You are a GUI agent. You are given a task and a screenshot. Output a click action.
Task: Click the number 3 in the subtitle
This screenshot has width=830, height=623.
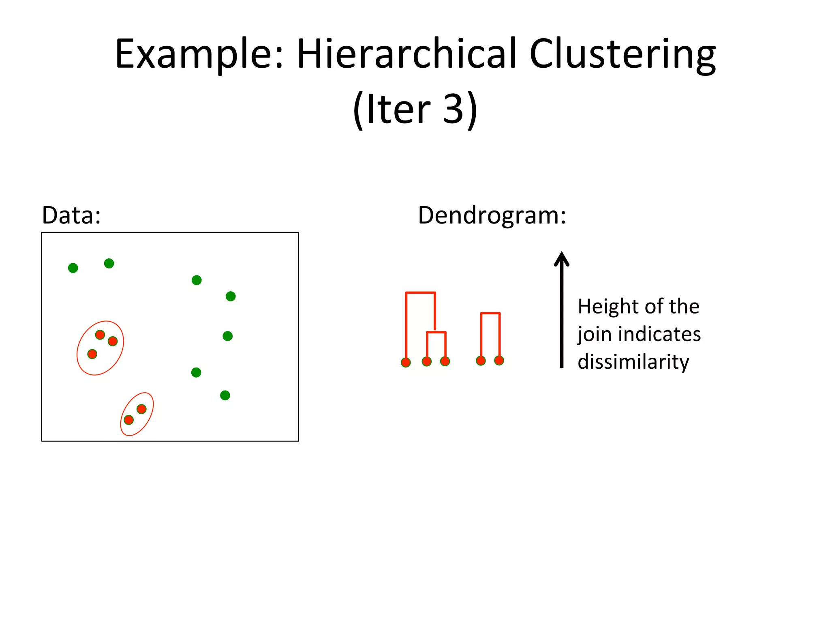pos(453,109)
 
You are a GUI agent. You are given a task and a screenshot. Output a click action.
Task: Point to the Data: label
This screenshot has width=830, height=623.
pos(71,215)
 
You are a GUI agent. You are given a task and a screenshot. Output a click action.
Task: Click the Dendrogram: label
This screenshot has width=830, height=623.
pos(492,215)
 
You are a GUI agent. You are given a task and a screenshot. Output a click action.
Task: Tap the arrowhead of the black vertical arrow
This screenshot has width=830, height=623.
pos(561,259)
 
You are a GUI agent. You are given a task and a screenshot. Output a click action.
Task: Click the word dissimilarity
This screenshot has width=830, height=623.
pos(633,362)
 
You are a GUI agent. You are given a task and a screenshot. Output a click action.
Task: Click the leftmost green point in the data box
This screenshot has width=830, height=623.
pos(73,268)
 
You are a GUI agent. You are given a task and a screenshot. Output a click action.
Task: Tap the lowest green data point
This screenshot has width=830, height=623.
pos(225,395)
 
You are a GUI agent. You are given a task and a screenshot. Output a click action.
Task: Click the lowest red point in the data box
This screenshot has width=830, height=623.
pos(128,420)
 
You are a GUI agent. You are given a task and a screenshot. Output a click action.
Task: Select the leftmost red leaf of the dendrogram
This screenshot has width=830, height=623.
pos(406,362)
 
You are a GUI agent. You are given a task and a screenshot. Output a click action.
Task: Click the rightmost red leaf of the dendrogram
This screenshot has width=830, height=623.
pos(499,360)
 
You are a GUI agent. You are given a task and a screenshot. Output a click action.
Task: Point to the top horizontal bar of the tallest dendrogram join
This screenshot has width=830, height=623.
pos(420,292)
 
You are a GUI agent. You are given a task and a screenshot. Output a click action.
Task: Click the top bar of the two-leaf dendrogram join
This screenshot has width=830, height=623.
pos(490,313)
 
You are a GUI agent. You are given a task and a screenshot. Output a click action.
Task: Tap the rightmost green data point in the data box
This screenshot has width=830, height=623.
pos(231,296)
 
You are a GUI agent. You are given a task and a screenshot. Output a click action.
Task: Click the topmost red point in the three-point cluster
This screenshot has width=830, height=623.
pos(100,335)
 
